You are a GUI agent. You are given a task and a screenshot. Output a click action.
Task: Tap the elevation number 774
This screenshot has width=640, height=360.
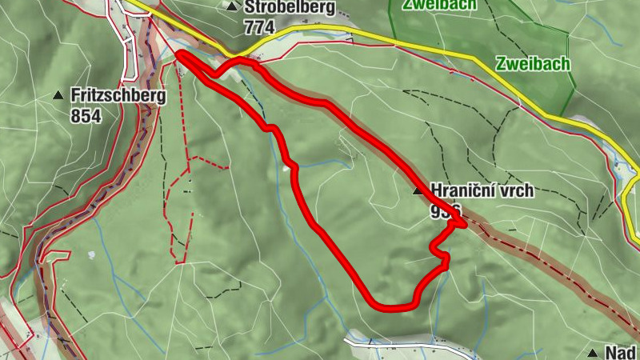click(259, 27)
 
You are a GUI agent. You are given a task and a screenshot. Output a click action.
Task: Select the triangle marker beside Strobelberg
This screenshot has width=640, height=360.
click(232, 7)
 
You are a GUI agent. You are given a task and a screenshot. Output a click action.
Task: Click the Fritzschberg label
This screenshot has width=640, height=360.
click(118, 95)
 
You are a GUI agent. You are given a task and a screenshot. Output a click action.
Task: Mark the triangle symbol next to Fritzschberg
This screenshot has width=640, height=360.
click(58, 95)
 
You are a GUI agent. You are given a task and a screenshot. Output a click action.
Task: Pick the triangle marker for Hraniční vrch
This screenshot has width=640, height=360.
click(417, 191)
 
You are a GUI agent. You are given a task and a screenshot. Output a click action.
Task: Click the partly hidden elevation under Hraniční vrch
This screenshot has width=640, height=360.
click(445, 209)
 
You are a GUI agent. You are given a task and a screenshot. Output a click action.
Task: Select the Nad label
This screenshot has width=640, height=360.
click(620, 353)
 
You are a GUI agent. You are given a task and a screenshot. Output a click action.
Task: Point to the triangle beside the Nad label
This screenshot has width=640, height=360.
click(593, 353)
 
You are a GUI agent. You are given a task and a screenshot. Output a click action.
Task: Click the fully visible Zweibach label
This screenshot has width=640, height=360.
click(532, 64)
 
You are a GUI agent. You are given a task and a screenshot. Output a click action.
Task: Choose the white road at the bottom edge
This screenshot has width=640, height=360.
click(400, 345)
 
